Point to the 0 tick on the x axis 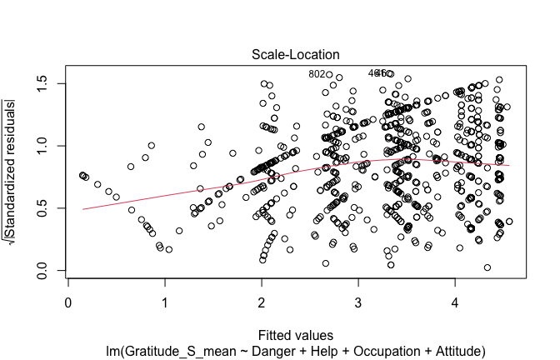(x=69, y=305)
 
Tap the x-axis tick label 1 (x=165, y=305)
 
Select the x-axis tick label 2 (x=262, y=305)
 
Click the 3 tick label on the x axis (x=358, y=305)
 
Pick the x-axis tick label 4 (x=454, y=305)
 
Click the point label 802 (x=317, y=74)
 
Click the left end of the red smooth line (x=82, y=209)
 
